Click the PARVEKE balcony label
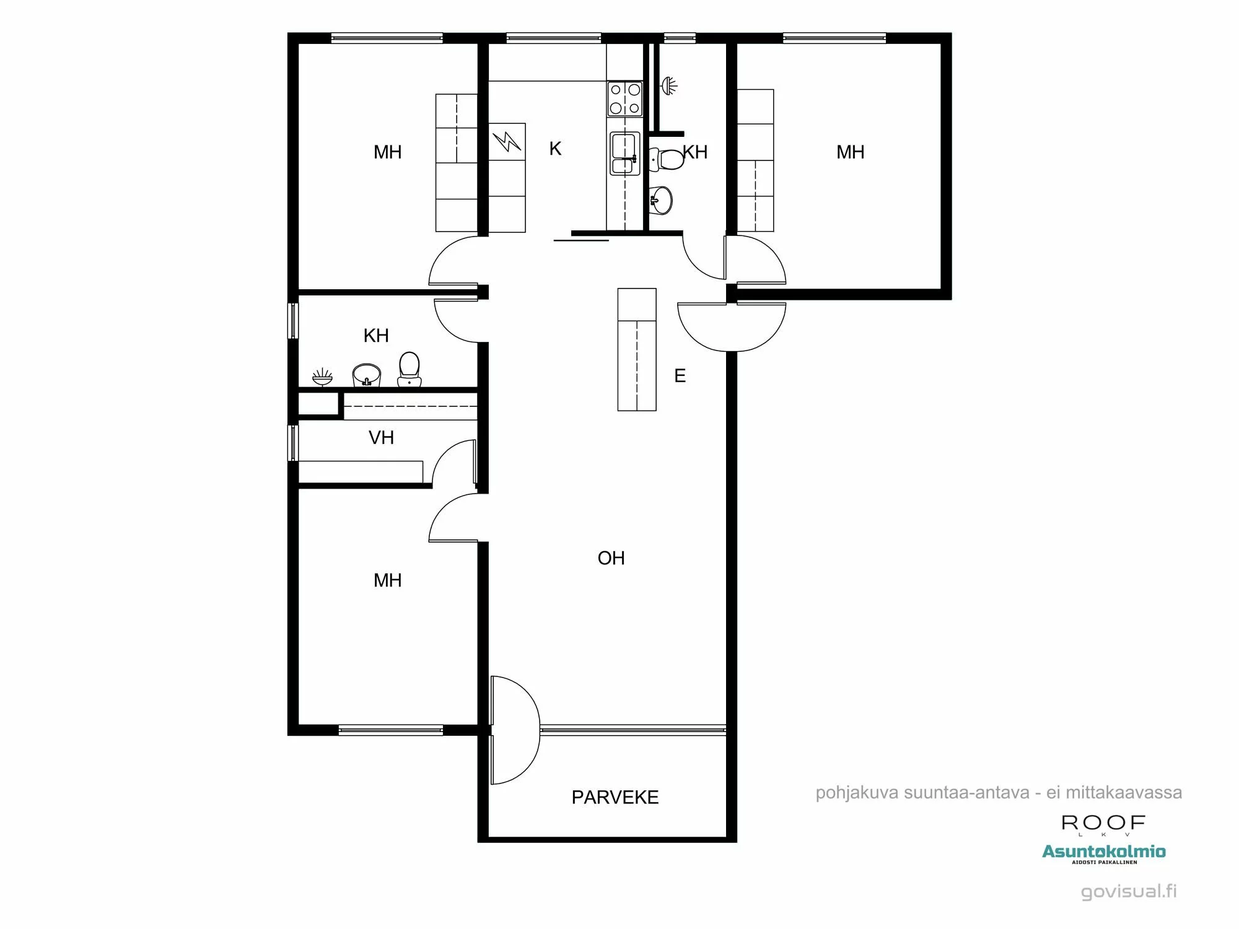coord(615,797)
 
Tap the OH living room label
coord(611,558)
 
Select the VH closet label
coord(381,438)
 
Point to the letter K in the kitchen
coord(555,149)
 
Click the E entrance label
coord(680,376)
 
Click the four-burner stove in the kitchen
coord(624,99)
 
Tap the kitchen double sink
coord(624,154)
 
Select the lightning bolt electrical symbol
coord(507,142)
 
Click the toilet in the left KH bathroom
coord(409,369)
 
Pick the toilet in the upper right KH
coord(667,159)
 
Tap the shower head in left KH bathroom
coord(322,377)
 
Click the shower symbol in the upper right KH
coord(669,85)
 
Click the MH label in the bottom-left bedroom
coord(387,580)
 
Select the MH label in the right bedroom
coord(850,152)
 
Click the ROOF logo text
coord(1103,823)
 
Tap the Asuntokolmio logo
coord(1103,852)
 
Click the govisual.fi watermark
coord(1128,891)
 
